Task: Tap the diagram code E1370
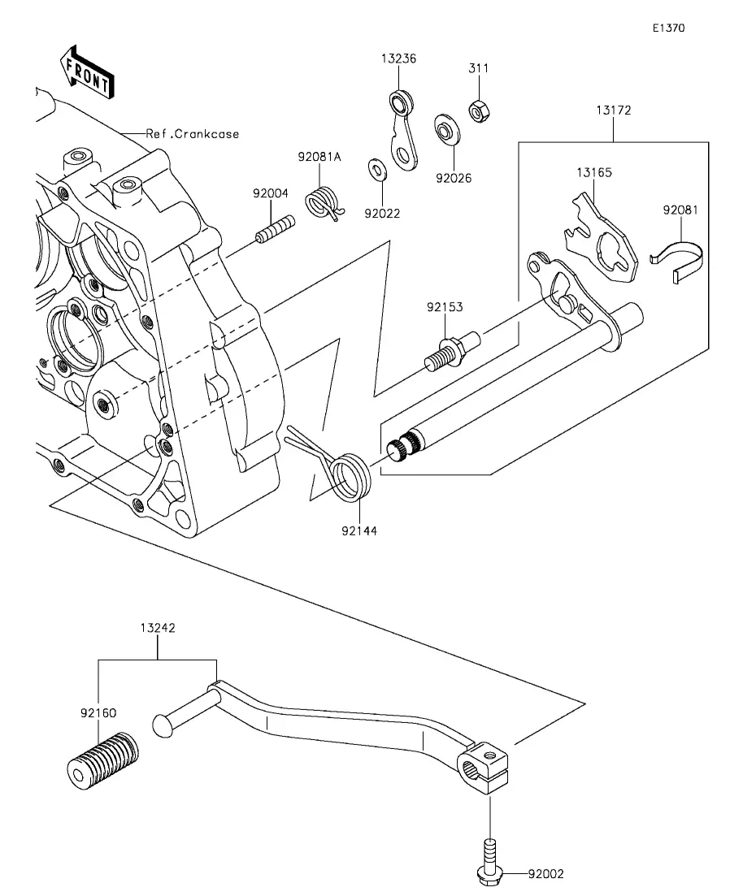[669, 28]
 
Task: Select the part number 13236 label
[398, 58]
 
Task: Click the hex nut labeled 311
[478, 110]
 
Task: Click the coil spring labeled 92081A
[324, 203]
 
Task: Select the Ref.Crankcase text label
[192, 134]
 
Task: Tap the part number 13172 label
[613, 110]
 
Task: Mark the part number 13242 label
[157, 628]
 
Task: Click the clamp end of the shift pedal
[484, 768]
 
